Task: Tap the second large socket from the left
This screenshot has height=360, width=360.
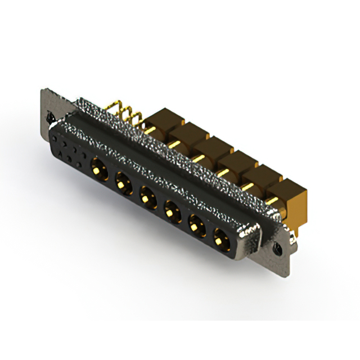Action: click(123, 182)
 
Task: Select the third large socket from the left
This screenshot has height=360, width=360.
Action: click(147, 197)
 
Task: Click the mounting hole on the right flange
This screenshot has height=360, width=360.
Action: click(277, 246)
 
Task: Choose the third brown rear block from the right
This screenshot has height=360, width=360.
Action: click(243, 163)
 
